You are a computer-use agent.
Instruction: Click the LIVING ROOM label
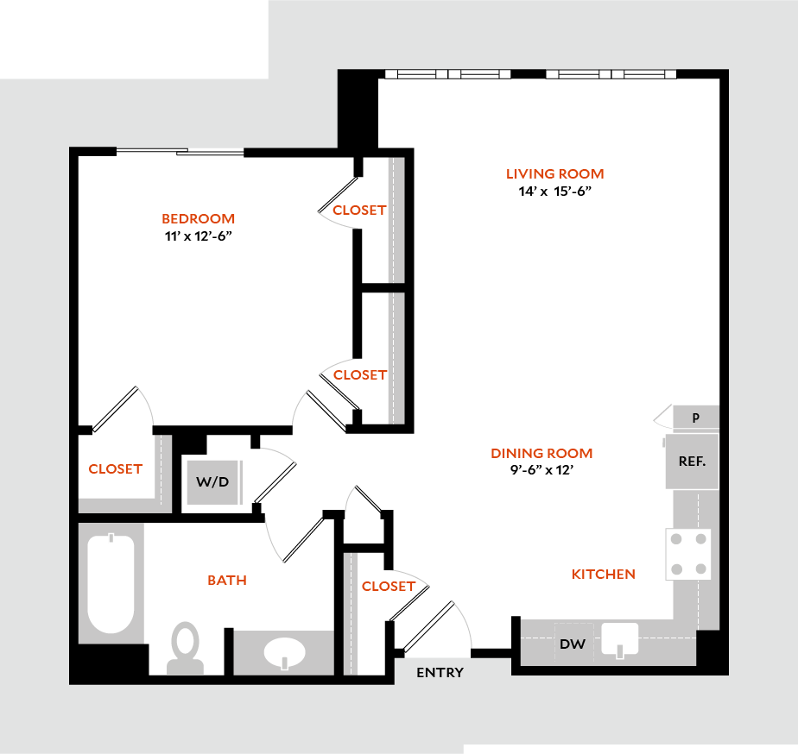pos(554,174)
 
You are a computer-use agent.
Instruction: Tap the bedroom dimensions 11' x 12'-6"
pos(199,236)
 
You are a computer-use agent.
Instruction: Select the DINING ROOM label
pos(541,453)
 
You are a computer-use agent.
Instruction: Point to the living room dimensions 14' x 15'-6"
pos(554,192)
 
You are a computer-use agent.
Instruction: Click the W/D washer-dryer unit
pos(212,482)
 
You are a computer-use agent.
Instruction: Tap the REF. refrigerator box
pos(692,462)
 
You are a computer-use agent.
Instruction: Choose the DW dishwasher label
pos(573,644)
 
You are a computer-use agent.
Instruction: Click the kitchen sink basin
pos(620,638)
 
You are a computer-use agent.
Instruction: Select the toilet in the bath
pos(185,648)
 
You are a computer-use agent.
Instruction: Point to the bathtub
pos(111,583)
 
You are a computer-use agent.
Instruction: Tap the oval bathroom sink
pos(284,652)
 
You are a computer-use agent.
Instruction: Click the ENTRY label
pos(440,673)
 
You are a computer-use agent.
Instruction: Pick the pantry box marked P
pos(696,418)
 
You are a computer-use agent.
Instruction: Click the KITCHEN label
pos(604,574)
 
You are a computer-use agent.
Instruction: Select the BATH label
pos(227,580)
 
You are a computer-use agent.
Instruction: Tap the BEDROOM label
pos(199,218)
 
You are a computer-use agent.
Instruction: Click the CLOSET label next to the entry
pos(389,587)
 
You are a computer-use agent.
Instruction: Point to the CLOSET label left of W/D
pos(116,468)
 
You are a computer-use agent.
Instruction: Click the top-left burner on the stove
pos(676,539)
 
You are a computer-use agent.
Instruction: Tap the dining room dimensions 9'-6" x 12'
pos(541,470)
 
